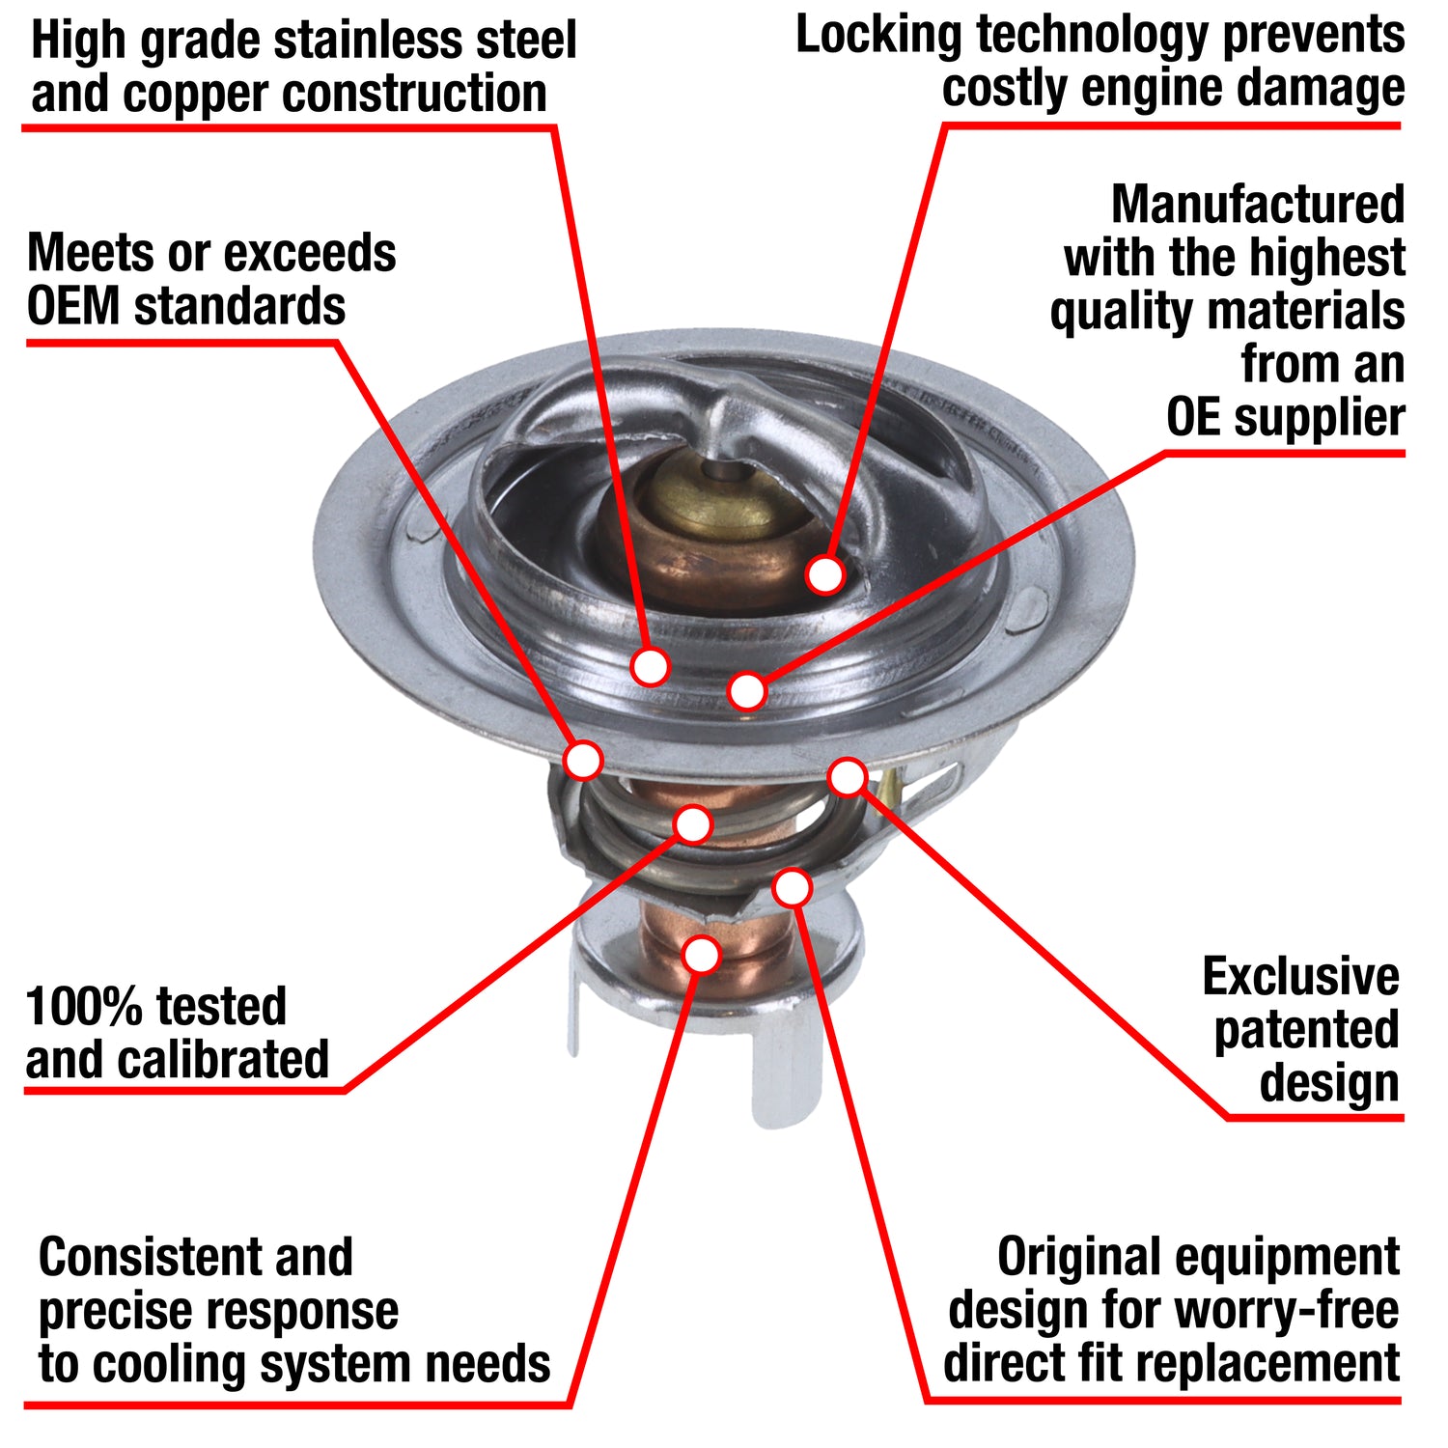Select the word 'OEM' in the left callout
click(73, 307)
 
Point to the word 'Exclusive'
click(1300, 977)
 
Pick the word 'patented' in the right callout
click(1306, 1031)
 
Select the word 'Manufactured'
click(1258, 205)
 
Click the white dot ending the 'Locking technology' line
click(825, 574)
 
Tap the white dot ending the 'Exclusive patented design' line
click(848, 776)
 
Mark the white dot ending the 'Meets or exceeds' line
click(583, 760)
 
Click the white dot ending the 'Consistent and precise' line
click(702, 954)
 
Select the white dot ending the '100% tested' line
click(693, 824)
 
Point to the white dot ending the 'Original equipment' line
click(792, 887)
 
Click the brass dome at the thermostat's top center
click(719, 497)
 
